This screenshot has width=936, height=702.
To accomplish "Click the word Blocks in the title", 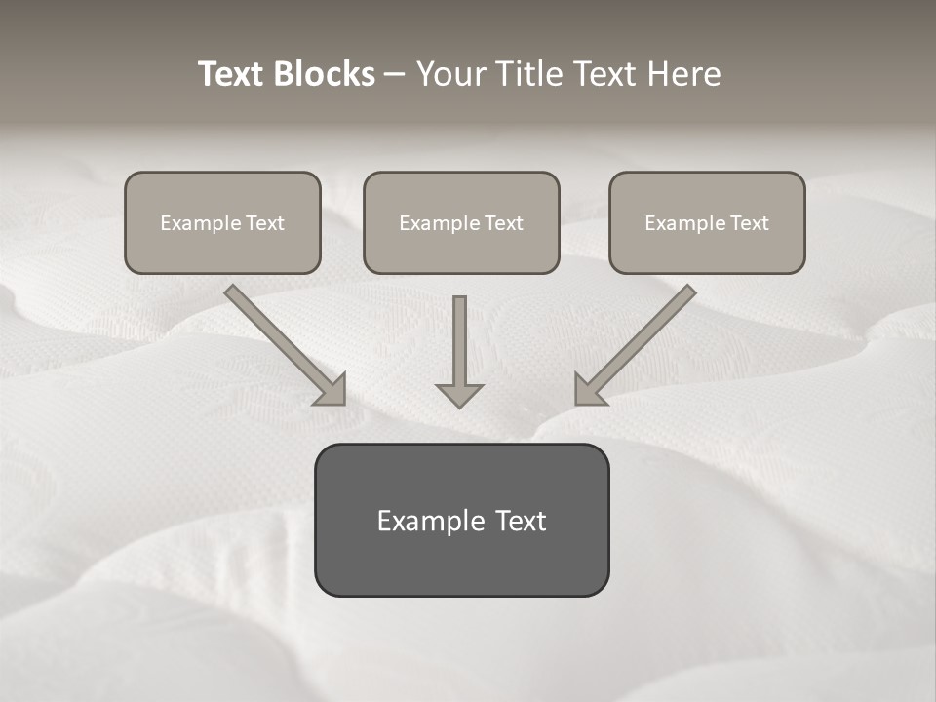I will [x=326, y=74].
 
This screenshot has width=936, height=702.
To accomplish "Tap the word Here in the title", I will [x=682, y=74].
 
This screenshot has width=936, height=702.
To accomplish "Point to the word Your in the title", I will [x=449, y=74].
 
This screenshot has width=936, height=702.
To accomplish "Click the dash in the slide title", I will [x=395, y=74].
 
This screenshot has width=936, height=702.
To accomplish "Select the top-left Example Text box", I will [x=222, y=222].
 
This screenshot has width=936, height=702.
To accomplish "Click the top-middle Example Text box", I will [x=461, y=222].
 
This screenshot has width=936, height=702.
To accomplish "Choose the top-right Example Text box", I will [x=707, y=222].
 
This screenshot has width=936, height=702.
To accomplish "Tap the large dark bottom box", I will [x=461, y=520].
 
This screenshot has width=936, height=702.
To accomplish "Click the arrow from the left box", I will [x=283, y=342].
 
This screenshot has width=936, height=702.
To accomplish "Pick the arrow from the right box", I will [x=639, y=342].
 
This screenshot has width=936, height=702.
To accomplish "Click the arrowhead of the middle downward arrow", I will [x=459, y=395].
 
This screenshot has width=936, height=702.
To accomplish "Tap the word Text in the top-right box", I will [x=749, y=223].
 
